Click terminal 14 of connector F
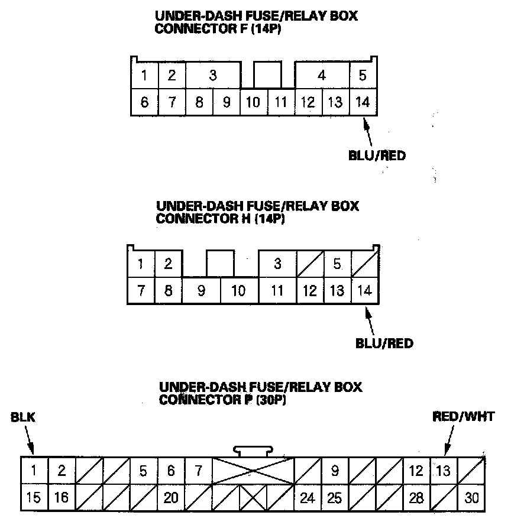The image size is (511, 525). tap(363, 102)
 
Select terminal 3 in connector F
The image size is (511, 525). tap(213, 75)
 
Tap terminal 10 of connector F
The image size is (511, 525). tap(253, 102)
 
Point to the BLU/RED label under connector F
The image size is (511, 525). tap(377, 156)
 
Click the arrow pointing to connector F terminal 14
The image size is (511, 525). tap(368, 132)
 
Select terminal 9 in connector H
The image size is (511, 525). tap(201, 291)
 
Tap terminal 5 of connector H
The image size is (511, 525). tap(337, 264)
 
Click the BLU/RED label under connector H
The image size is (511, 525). tap(384, 343)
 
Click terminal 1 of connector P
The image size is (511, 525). tap(34, 471)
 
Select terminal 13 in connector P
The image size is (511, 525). tap(443, 471)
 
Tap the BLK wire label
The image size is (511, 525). tap(23, 418)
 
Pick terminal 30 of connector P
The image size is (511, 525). tap(471, 498)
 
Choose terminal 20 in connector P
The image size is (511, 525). tap(171, 498)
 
